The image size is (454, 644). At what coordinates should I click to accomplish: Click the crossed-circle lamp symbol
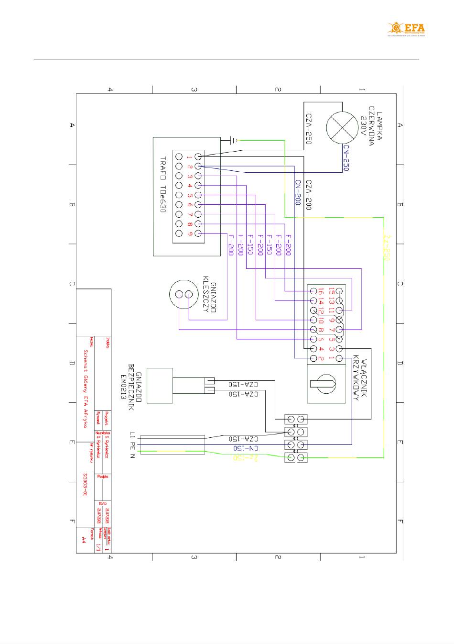[342, 128]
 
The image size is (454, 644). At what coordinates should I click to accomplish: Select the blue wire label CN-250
[346, 158]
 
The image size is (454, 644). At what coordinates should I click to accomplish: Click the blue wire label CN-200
[297, 193]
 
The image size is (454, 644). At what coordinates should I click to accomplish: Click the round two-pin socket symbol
[184, 294]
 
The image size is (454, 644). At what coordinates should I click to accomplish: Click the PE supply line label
[132, 445]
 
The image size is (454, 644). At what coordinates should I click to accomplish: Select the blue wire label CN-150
[247, 448]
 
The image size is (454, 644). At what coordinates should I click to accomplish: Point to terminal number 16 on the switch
[321, 291]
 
